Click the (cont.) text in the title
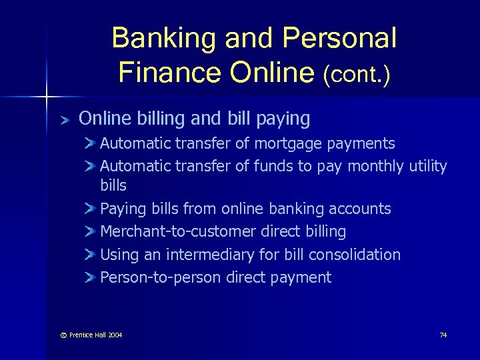coord(357,73)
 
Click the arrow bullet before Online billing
coord(64,120)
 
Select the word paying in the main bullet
coord(285,119)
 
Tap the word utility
coord(427,166)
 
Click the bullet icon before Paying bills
coord(91,209)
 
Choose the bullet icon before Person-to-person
coord(91,278)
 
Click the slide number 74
coord(443,335)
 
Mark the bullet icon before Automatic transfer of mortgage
coord(91,144)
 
